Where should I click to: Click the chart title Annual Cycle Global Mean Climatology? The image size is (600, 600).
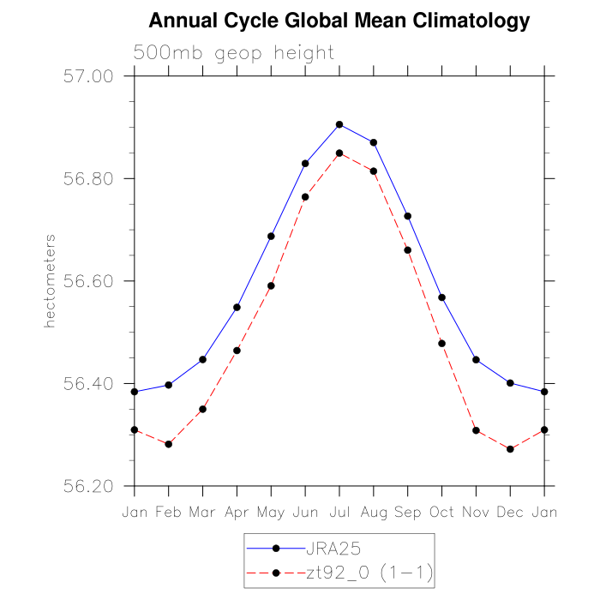[x=339, y=20]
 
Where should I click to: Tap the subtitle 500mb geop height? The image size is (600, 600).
[x=233, y=53]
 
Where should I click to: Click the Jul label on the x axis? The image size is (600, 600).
[x=339, y=512]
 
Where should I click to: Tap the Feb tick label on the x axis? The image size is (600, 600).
[x=168, y=512]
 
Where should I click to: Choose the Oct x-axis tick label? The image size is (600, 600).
[x=442, y=512]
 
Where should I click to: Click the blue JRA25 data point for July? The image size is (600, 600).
[x=339, y=124]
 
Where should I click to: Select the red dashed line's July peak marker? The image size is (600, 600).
[x=339, y=153]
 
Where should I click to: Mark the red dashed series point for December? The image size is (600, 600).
[x=510, y=449]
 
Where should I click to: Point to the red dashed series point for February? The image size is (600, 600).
[x=168, y=444]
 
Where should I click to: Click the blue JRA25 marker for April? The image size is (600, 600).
[x=237, y=307]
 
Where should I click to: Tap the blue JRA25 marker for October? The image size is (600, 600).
[x=442, y=297]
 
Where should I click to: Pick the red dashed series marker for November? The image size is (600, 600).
[x=476, y=430]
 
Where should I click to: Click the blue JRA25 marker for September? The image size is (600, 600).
[x=408, y=216]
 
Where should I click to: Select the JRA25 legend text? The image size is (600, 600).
[x=333, y=547]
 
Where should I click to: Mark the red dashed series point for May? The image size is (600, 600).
[x=271, y=285]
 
